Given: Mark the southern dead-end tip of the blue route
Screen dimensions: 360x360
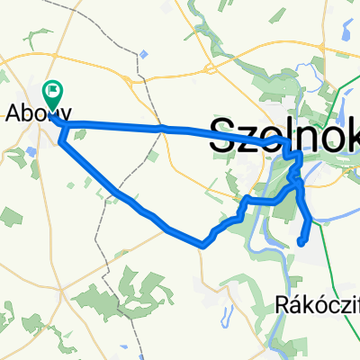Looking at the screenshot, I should pyautogui.click(x=300, y=242).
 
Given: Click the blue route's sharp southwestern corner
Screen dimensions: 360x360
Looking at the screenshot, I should pyautogui.click(x=203, y=244).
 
